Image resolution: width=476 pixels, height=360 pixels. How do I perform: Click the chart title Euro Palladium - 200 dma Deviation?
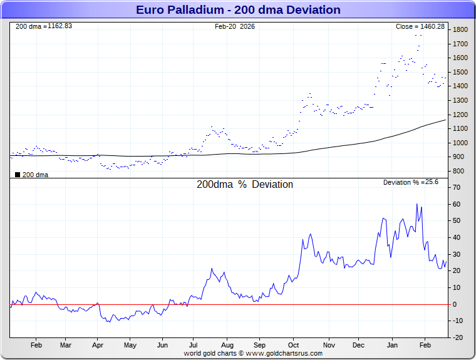coord(238,10)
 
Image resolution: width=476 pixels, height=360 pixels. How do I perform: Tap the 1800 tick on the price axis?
coord(461,29)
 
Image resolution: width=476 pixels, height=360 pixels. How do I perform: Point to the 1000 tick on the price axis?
coord(461,143)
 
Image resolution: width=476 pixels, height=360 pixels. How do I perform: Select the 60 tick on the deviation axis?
coord(458,204)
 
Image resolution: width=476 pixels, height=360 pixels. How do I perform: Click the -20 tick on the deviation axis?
coord(458,337)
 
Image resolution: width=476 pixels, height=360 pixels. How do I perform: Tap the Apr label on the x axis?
coord(97,345)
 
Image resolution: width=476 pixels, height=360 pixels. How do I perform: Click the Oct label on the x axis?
coord(294,345)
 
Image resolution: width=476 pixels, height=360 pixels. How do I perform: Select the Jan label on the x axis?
coord(393,345)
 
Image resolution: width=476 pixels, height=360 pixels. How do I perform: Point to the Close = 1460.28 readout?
coord(420,26)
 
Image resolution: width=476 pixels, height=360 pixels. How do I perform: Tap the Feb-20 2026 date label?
coord(235,26)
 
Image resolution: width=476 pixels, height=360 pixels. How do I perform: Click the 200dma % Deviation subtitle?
coord(244,185)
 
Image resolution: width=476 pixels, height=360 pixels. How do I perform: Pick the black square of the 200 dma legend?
coord(17,175)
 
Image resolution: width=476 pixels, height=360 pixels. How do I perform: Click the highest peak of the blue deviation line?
coord(416,204)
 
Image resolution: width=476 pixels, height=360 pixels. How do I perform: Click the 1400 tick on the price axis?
coord(461,86)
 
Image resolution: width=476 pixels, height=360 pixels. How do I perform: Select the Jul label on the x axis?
coord(194,345)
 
